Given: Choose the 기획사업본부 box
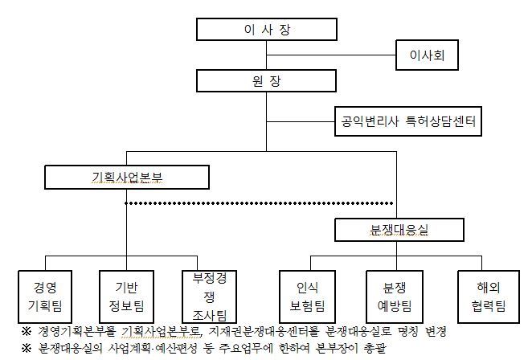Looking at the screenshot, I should tap(127, 177).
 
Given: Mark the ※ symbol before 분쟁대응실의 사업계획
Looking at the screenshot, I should tap(26, 349).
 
